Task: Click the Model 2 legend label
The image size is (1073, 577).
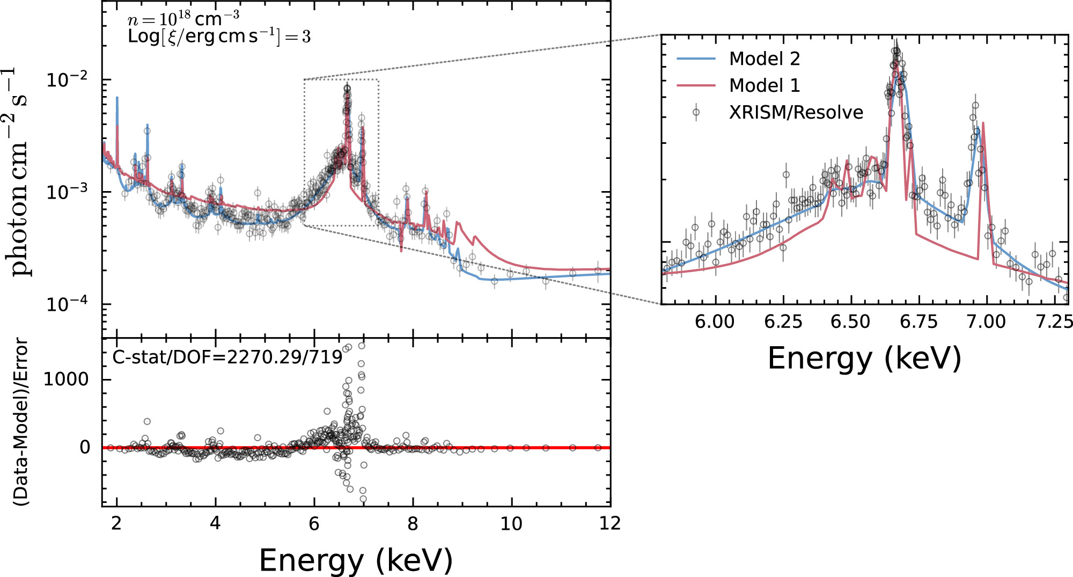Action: point(764,59)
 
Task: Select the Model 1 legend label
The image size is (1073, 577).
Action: point(764,85)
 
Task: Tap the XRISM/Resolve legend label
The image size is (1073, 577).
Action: point(796,112)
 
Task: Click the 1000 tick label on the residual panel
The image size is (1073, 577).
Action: point(65,379)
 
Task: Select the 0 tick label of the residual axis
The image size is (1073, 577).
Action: point(85,447)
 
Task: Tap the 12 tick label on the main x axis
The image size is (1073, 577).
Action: point(609,523)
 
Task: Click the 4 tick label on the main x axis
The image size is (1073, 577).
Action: point(215,523)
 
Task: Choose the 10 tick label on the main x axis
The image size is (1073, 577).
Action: point(511,523)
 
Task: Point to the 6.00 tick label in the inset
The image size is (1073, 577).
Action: point(715,322)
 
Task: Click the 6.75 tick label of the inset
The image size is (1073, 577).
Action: point(918,322)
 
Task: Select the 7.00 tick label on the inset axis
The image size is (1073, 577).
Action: point(986,322)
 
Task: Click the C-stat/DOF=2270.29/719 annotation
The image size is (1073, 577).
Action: point(227,357)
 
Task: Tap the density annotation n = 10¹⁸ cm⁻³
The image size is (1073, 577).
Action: point(183,19)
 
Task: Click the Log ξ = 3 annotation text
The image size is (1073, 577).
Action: point(219,36)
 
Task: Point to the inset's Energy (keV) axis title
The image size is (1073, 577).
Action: point(864,358)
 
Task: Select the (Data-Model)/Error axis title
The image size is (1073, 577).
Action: point(21,421)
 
